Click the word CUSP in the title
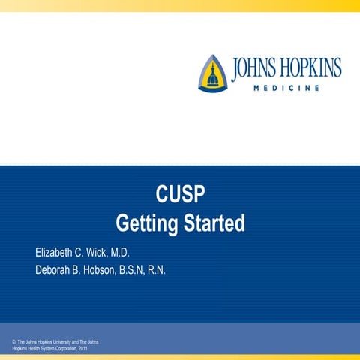point(180,196)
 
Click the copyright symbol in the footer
point(14,342)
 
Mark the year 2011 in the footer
point(82,349)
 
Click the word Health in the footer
point(31,349)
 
